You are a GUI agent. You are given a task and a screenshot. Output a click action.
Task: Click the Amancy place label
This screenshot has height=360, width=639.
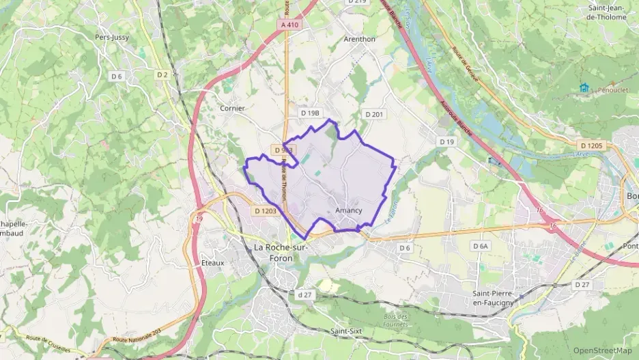click(x=349, y=210)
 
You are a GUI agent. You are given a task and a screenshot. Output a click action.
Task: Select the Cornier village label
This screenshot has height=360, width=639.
click(x=232, y=108)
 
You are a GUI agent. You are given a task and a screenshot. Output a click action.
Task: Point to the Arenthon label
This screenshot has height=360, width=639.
click(x=360, y=39)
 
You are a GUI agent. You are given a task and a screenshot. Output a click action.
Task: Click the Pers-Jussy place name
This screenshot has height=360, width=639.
click(x=112, y=38)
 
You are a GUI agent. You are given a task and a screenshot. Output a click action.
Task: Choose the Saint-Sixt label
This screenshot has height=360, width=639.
click(x=345, y=331)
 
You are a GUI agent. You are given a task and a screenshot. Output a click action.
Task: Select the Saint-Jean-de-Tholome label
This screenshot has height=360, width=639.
click(x=607, y=12)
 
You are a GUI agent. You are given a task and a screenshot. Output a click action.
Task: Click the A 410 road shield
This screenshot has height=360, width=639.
click(x=289, y=25)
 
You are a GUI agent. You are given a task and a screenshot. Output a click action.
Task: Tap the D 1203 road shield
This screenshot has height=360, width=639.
click(x=265, y=211)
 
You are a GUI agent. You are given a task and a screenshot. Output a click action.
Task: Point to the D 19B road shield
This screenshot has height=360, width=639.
click(x=310, y=112)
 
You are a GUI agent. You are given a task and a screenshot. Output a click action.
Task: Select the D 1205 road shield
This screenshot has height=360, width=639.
click(x=592, y=145)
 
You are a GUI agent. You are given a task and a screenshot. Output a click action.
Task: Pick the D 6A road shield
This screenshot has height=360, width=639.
click(x=481, y=245)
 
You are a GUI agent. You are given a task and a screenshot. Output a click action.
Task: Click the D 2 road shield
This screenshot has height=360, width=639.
click(x=162, y=74)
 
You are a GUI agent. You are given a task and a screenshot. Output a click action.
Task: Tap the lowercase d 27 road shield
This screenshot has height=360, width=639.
click(x=304, y=294)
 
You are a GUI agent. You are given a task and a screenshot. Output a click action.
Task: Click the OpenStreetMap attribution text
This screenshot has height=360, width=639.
click(x=604, y=351)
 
